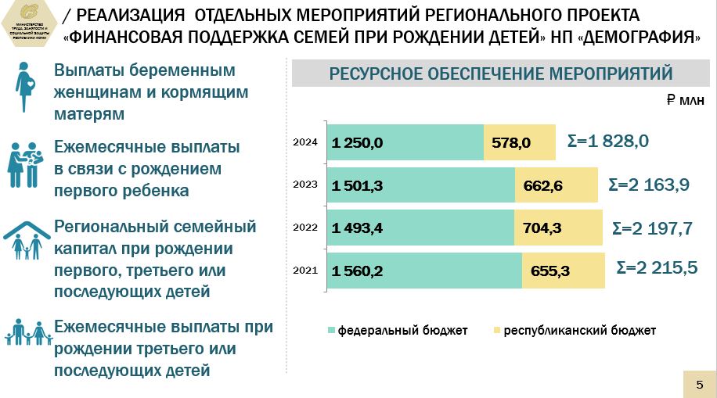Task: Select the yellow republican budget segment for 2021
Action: [564, 271]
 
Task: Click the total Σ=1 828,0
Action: [607, 142]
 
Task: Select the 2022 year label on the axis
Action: [304, 228]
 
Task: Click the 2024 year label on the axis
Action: [304, 142]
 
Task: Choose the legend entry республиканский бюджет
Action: [579, 331]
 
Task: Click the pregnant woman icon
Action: [24, 91]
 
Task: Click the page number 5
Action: [699, 383]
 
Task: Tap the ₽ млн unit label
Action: [686, 101]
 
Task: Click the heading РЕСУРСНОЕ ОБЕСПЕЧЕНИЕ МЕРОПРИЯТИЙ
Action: [501, 74]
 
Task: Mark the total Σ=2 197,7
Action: [652, 228]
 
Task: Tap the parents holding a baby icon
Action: [25, 163]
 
